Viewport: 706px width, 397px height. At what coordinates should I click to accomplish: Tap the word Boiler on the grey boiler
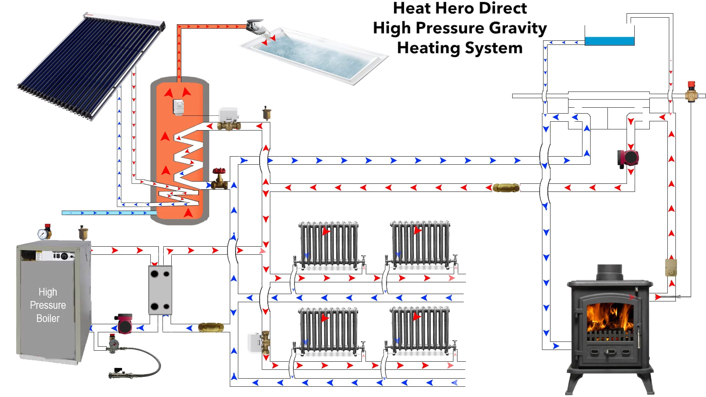pyautogui.click(x=48, y=318)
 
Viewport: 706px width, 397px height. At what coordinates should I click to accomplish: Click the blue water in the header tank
pyautogui.click(x=609, y=41)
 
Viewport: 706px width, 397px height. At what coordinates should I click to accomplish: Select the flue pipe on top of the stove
pyautogui.click(x=610, y=272)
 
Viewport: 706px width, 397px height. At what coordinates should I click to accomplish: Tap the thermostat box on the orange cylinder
pyautogui.click(x=178, y=107)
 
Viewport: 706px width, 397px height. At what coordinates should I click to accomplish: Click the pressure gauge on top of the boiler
pyautogui.click(x=43, y=234)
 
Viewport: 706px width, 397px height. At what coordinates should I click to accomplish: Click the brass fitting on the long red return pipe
pyautogui.click(x=506, y=188)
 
